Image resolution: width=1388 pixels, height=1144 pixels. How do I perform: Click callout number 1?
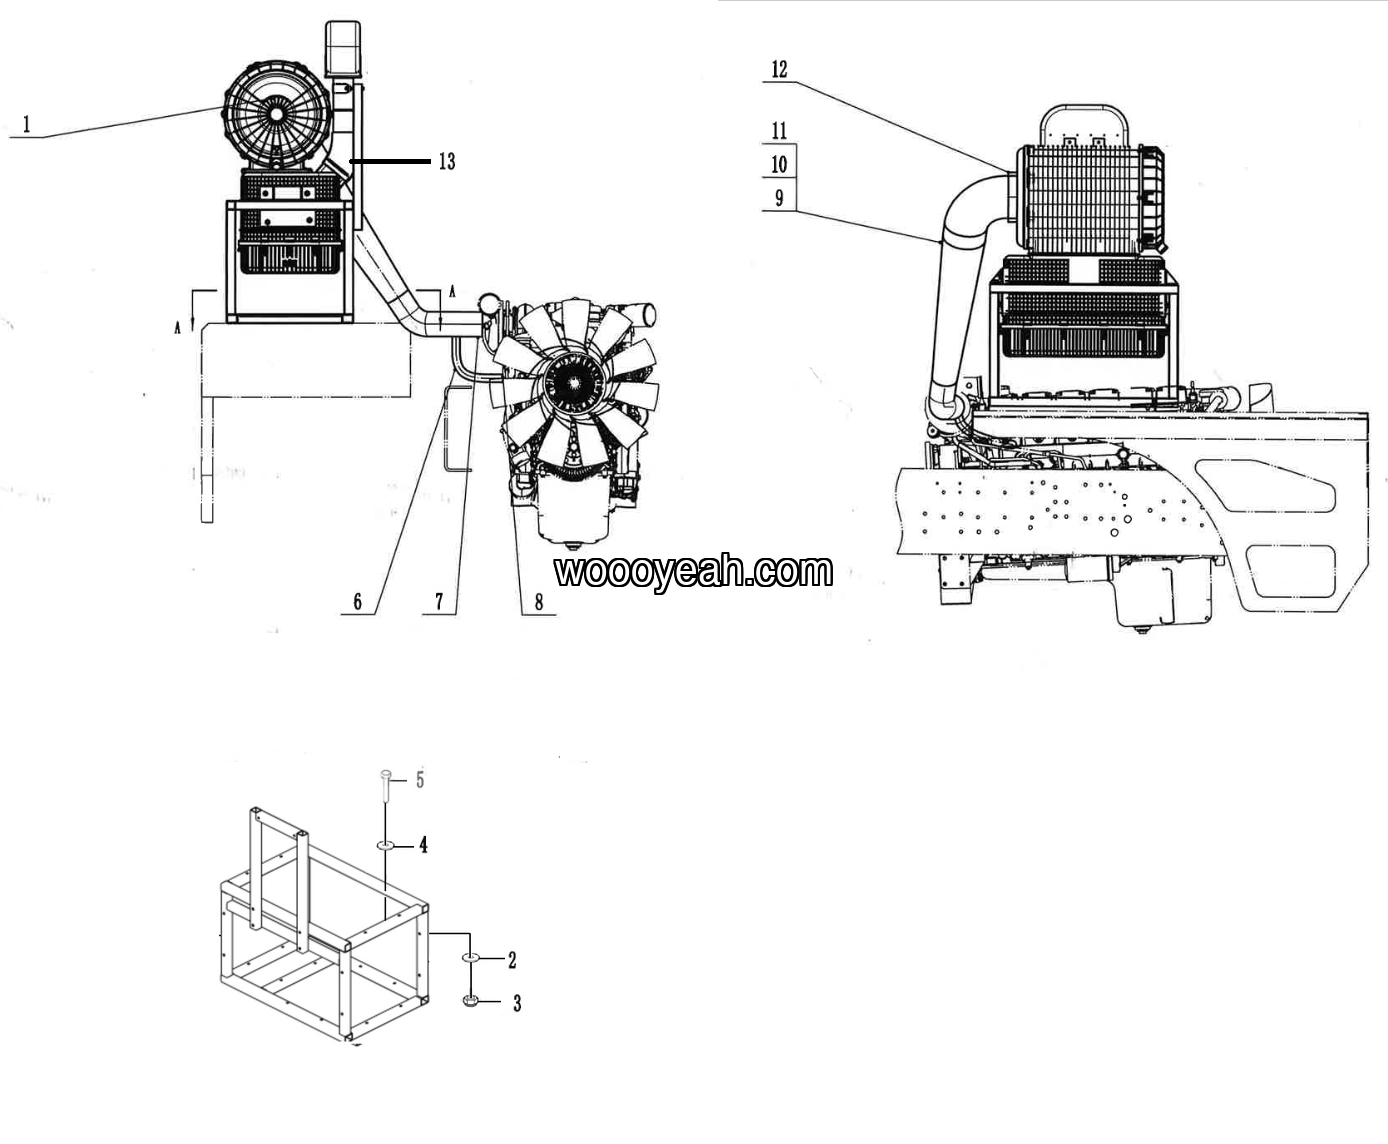[x=27, y=124]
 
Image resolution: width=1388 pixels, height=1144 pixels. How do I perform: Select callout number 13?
[x=447, y=162]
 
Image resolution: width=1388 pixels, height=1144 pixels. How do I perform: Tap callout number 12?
[x=779, y=69]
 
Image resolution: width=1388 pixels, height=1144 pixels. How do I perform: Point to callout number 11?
[x=779, y=131]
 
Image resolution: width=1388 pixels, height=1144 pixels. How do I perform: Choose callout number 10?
[x=779, y=164]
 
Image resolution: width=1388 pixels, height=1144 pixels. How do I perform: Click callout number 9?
[x=779, y=197]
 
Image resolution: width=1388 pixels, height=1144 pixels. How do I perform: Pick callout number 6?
[x=358, y=602]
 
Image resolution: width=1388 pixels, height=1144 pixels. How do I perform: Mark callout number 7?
[x=439, y=602]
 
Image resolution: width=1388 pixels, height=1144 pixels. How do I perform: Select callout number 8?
[x=538, y=602]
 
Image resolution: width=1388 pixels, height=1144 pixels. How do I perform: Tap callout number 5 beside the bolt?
[x=420, y=780]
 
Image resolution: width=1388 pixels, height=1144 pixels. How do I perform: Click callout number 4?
[x=423, y=846]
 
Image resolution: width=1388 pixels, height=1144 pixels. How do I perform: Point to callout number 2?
[x=512, y=960]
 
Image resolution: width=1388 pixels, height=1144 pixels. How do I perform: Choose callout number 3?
[x=517, y=1003]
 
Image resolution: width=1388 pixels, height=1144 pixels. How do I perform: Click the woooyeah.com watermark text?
[x=693, y=571]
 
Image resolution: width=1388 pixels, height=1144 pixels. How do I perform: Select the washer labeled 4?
[x=386, y=846]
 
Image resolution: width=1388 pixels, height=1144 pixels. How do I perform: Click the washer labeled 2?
[x=471, y=958]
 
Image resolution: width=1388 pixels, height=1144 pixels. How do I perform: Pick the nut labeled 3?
[x=471, y=1000]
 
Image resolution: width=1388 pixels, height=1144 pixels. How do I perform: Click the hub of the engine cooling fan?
[x=573, y=384]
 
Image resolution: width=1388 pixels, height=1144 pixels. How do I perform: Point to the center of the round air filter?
[x=275, y=114]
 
